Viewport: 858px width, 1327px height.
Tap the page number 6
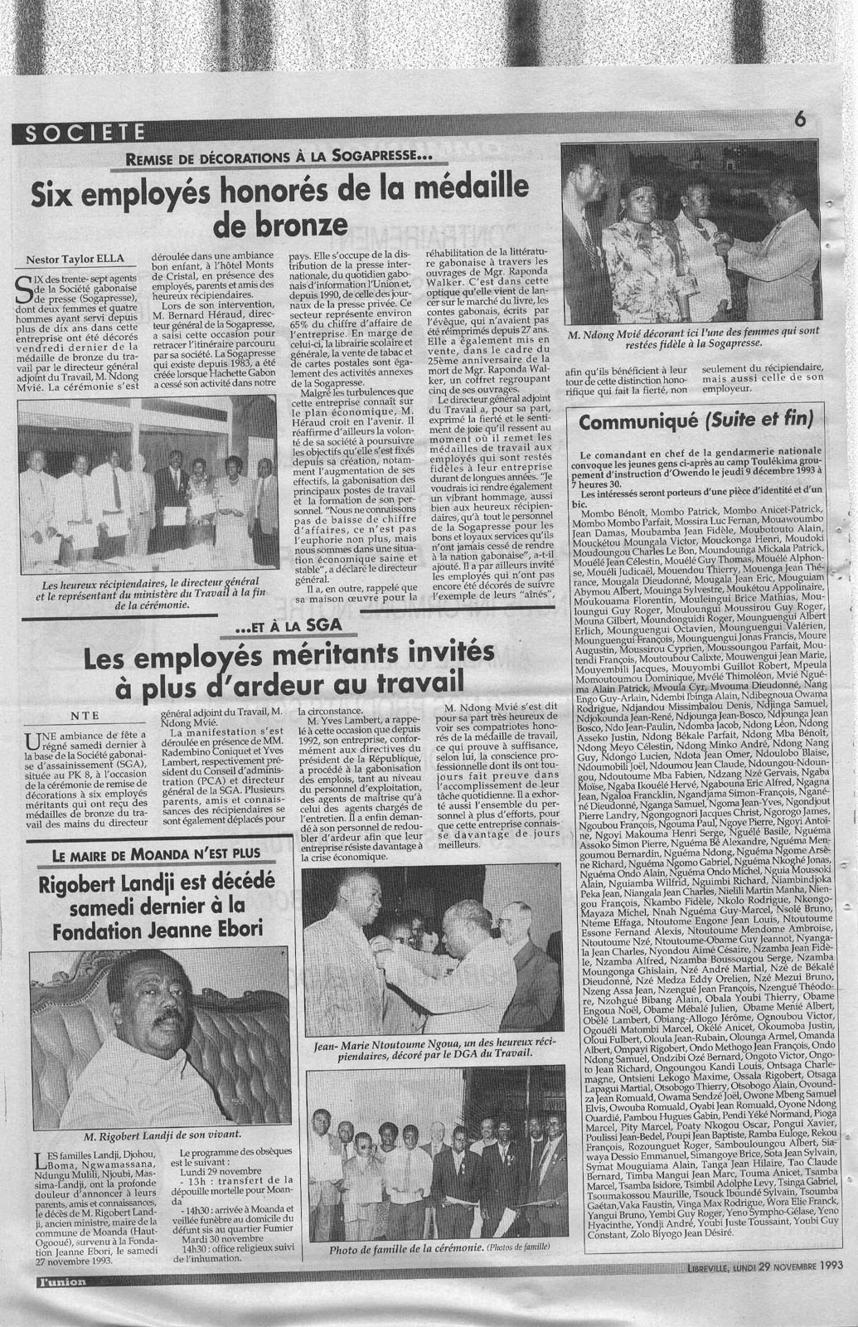tap(800, 119)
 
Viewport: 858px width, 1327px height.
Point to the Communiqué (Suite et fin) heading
tap(696, 422)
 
